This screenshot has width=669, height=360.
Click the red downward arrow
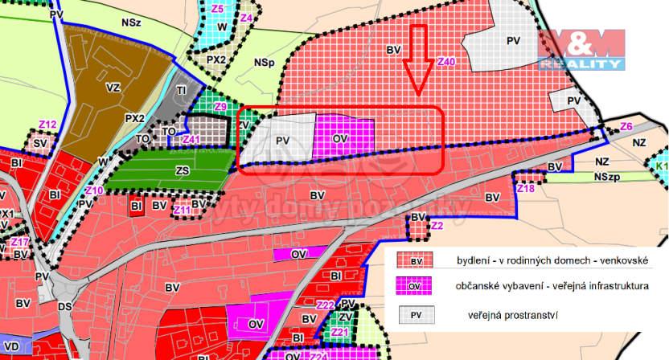pyautogui.click(x=417, y=60)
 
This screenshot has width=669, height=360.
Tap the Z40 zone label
pyautogui.click(x=446, y=61)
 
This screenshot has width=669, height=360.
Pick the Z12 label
pyautogui.click(x=47, y=125)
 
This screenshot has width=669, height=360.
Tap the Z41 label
pyautogui.click(x=191, y=140)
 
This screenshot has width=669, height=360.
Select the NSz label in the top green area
pyautogui.click(x=131, y=23)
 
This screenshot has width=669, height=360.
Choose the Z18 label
pyautogui.click(x=525, y=189)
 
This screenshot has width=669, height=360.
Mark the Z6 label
pyautogui.click(x=626, y=127)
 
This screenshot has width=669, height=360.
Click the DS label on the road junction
pyautogui.click(x=65, y=306)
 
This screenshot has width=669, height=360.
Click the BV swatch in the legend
pyautogui.click(x=416, y=261)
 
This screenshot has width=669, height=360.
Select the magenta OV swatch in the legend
pyautogui.click(x=416, y=287)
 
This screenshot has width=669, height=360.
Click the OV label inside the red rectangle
pyautogui.click(x=339, y=139)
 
